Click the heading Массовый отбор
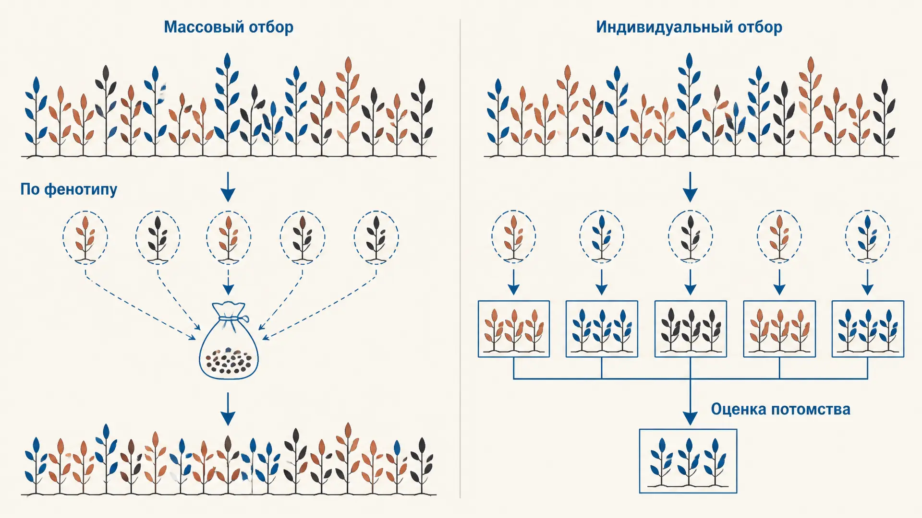[229, 27]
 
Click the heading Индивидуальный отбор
[689, 27]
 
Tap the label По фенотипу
[69, 189]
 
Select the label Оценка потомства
[780, 409]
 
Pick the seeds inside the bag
[229, 361]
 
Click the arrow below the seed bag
[228, 409]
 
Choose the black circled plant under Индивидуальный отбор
[691, 236]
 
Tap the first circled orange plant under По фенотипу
[85, 237]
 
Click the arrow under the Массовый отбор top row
[228, 187]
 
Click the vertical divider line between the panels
[460, 259]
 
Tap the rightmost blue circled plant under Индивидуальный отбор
[868, 236]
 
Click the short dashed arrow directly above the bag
[229, 282]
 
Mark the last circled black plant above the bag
[376, 237]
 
